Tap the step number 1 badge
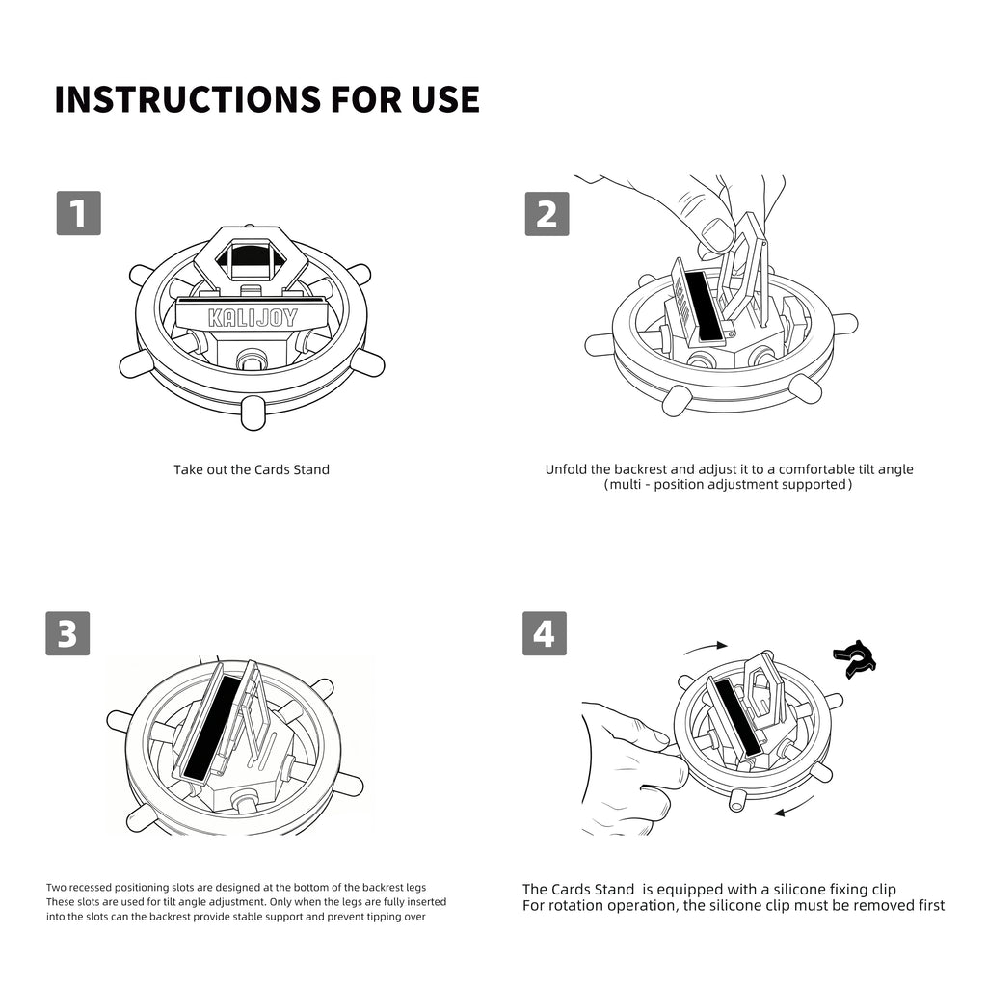point(79,213)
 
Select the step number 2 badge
point(547,214)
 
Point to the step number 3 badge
point(68,633)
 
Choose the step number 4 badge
point(545,633)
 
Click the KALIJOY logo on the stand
point(253,318)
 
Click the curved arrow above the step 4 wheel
point(706,647)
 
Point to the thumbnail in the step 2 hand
point(717,235)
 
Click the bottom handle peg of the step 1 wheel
point(253,413)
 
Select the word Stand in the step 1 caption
point(312,469)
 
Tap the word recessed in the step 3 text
point(90,888)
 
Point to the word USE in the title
point(446,99)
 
